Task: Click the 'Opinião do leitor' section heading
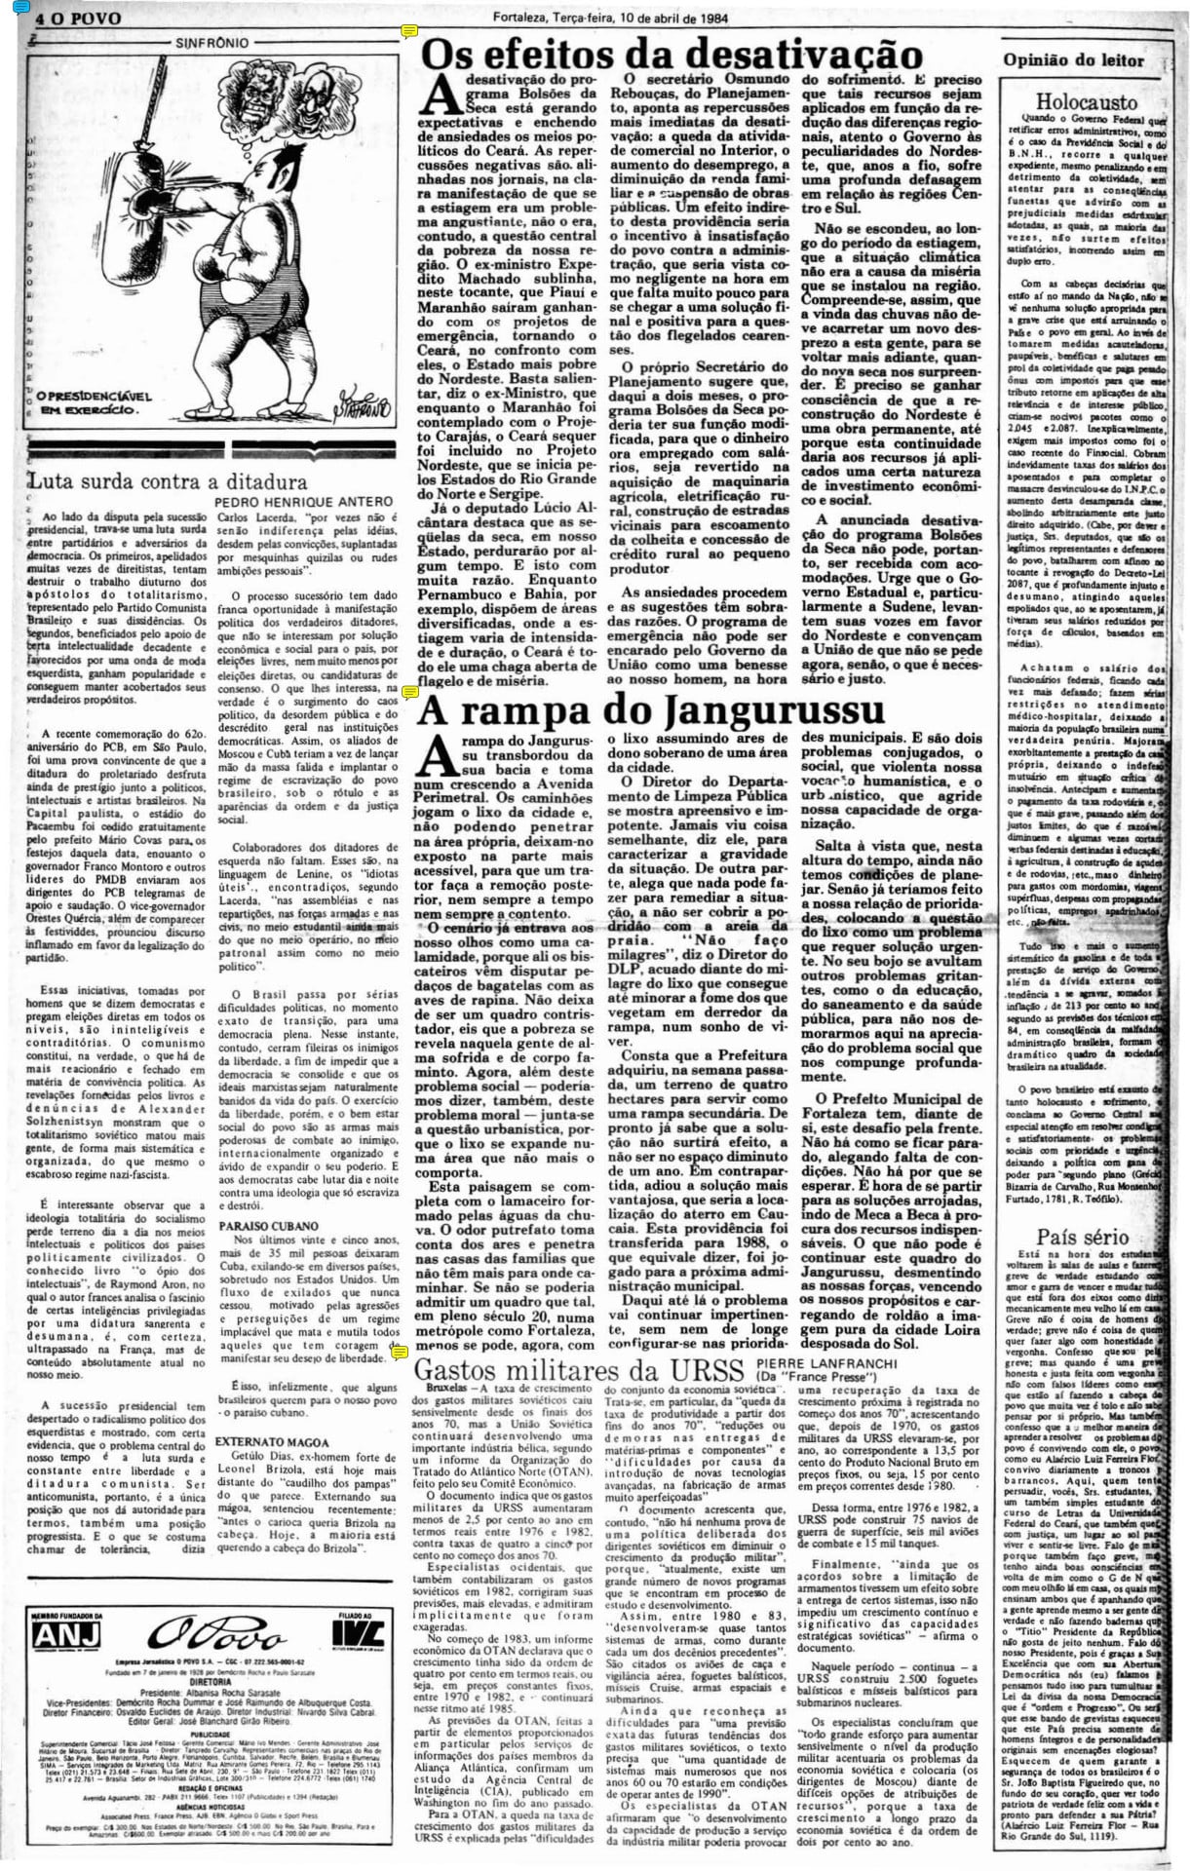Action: coord(1074,59)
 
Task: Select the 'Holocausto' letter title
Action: coord(1086,101)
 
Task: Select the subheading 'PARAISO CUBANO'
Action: coord(269,1225)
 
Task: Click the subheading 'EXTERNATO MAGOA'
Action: coord(273,1441)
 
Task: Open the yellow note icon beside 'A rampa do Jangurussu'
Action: coord(409,693)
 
